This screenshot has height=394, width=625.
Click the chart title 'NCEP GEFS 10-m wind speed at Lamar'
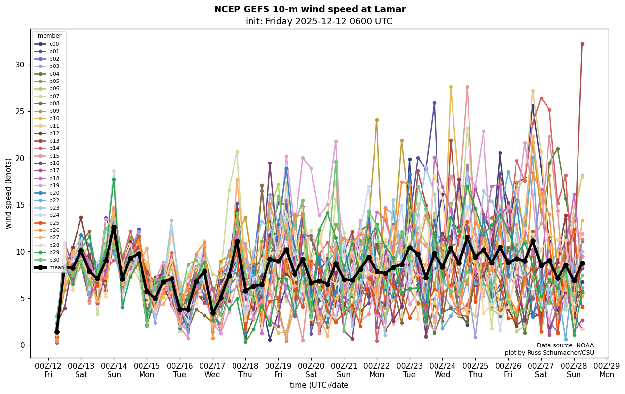click(x=310, y=9)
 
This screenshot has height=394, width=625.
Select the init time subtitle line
click(x=319, y=21)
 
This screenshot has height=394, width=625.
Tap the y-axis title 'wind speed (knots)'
click(x=9, y=193)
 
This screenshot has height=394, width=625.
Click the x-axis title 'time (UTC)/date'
click(x=319, y=385)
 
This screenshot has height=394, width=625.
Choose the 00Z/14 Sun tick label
click(x=114, y=370)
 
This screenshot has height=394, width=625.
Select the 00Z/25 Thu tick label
click(x=475, y=370)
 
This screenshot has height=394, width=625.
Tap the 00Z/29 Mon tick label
click(x=607, y=370)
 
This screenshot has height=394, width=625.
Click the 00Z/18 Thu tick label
click(x=245, y=370)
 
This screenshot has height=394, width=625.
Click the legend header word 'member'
click(x=49, y=36)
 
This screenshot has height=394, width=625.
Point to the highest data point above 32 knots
click(x=582, y=44)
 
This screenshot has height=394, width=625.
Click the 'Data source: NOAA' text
click(x=565, y=345)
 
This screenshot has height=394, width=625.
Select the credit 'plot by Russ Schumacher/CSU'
click(x=549, y=353)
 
